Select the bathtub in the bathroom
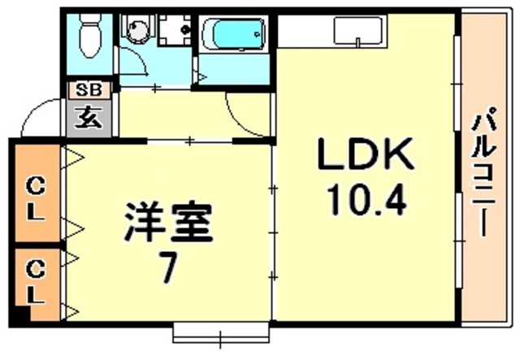click(x=234, y=34)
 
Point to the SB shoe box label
click(x=89, y=90)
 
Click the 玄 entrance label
click(x=89, y=118)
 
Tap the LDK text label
click(x=366, y=154)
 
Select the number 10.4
click(x=366, y=201)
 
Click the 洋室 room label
click(x=168, y=223)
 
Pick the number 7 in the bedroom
click(x=167, y=266)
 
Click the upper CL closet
click(x=37, y=193)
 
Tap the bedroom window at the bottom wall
click(x=221, y=333)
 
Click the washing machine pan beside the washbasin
click(x=175, y=29)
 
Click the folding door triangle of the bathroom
click(x=201, y=77)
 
